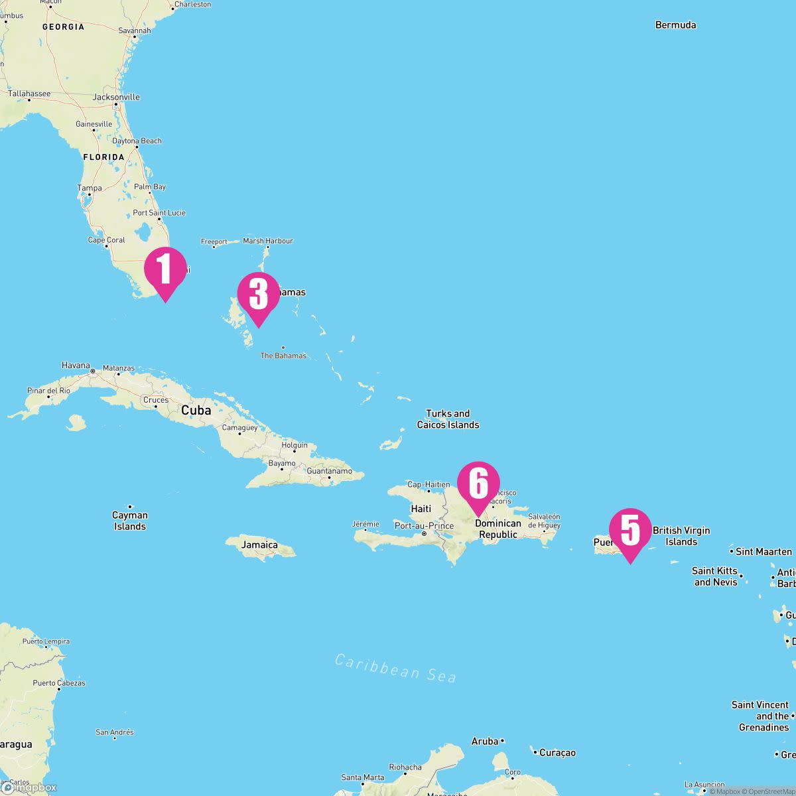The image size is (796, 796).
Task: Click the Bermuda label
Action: pyautogui.click(x=675, y=25)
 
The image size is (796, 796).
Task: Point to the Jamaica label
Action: pyautogui.click(x=260, y=545)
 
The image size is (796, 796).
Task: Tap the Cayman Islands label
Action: pyautogui.click(x=129, y=521)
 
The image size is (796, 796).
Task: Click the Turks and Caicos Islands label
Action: pyautogui.click(x=448, y=419)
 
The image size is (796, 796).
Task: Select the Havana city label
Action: pyautogui.click(x=76, y=365)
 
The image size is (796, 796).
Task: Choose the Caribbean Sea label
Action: pyautogui.click(x=395, y=667)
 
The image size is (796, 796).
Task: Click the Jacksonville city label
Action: pyautogui.click(x=116, y=97)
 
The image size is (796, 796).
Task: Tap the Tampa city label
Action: pyautogui.click(x=90, y=188)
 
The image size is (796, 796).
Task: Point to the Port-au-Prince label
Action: pyautogui.click(x=424, y=526)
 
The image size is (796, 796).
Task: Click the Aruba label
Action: pyautogui.click(x=485, y=741)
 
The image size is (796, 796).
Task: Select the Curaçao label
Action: pyautogui.click(x=557, y=753)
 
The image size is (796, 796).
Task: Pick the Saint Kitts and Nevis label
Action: pyautogui.click(x=716, y=576)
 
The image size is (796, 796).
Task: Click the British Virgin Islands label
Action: pyautogui.click(x=681, y=536)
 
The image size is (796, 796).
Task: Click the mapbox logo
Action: pyautogui.click(x=30, y=787)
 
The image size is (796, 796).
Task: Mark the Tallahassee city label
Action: pyautogui.click(x=29, y=94)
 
